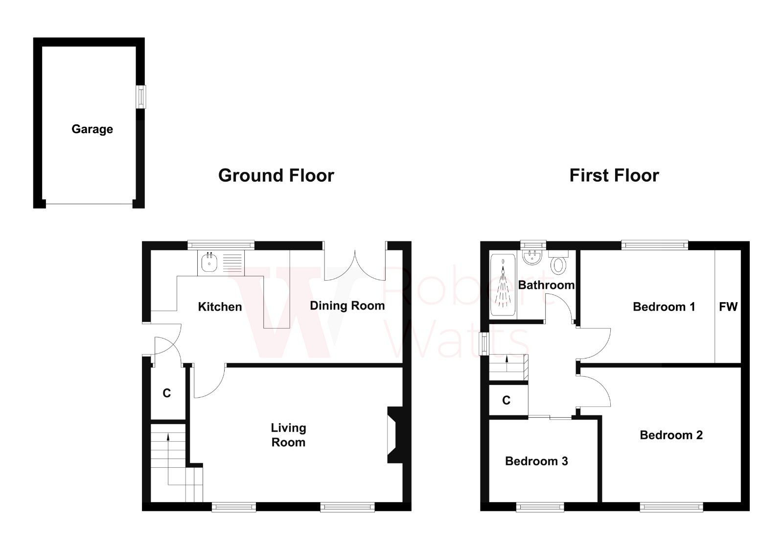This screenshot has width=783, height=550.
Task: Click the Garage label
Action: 92,129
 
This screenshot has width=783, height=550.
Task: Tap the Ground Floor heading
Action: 276,175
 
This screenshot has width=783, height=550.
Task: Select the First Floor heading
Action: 614,175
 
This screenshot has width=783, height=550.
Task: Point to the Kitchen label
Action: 220,307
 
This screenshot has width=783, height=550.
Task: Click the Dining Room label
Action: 347,306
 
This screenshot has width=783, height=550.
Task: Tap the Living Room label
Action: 288,435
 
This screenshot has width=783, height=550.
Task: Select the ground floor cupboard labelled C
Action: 167,393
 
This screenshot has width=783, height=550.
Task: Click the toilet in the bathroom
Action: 558,264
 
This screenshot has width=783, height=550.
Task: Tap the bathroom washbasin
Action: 530,258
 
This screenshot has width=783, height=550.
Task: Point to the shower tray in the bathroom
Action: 503,286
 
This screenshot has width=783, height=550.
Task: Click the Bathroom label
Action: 546,285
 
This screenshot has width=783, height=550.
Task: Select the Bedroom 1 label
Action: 664,307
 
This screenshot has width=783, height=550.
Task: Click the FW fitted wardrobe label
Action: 728,307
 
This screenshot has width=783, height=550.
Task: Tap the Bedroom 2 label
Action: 671,435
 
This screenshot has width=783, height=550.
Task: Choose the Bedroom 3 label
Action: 536,461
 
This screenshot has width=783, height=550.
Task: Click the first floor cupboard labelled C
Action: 507,401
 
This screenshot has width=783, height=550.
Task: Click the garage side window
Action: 141,96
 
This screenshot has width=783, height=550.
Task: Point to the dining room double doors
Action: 355,264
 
